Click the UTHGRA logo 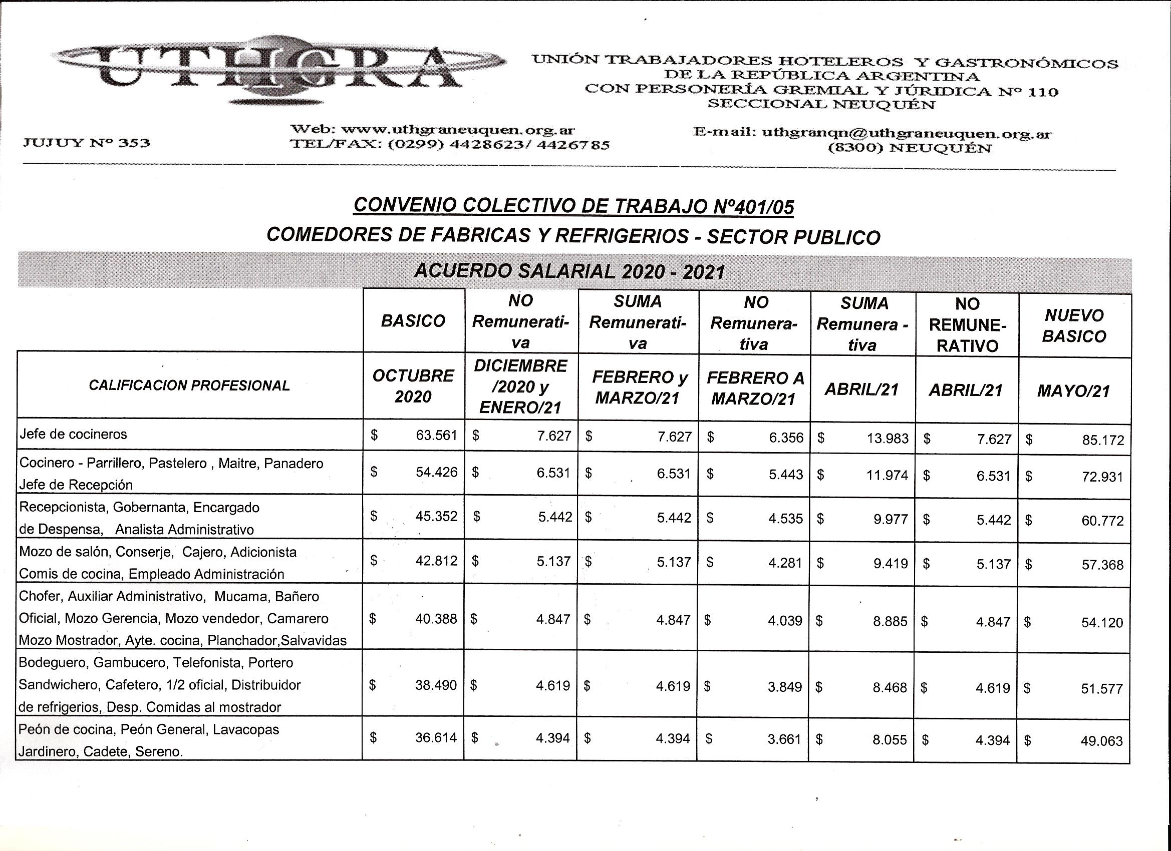coord(279,70)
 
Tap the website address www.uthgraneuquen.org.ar coord(458,130)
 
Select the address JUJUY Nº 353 coord(86,143)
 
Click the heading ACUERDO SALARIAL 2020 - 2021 coord(569,271)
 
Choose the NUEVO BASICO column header coord(1074,326)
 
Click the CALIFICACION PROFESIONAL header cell coord(189,385)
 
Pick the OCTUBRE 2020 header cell coord(413,385)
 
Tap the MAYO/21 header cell coord(1073,391)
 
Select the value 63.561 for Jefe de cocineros coord(436,436)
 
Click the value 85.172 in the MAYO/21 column coord(1102,440)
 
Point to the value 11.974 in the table coord(887,475)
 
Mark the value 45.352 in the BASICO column coord(436,517)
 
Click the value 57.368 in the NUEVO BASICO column coord(1102,565)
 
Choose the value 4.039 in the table coord(784,620)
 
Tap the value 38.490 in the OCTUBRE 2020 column coord(436,685)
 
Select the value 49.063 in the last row coord(1101,741)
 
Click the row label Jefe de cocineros coord(73,435)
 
